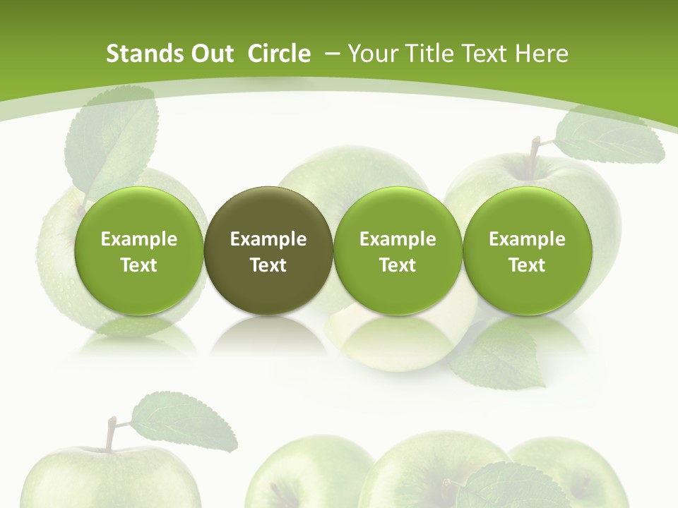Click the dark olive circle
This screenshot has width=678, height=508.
point(268,250)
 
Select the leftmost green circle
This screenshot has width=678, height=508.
point(139,250)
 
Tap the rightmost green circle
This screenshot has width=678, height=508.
point(527,250)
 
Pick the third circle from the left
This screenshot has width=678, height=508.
point(398,250)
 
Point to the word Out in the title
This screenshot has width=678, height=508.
point(210,54)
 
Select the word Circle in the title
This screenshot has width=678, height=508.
point(279,54)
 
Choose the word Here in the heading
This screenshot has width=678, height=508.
point(541,54)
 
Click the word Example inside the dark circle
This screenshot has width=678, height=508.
point(268,239)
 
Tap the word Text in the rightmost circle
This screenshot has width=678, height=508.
point(527,265)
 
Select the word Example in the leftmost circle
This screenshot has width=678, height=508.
point(139,239)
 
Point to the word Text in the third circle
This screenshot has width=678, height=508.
point(398,265)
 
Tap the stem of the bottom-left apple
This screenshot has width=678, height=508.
point(110,433)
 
